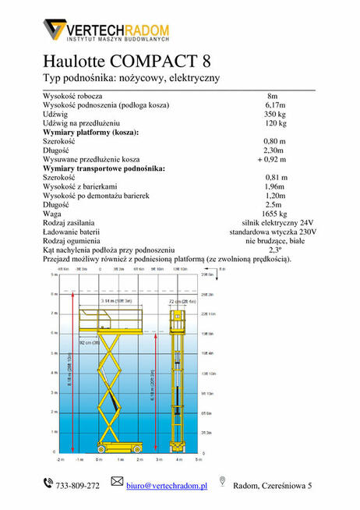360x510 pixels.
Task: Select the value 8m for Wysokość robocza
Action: (x=272, y=96)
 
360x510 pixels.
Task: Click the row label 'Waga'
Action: (x=52, y=213)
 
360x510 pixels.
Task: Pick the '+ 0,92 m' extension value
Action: (x=273, y=159)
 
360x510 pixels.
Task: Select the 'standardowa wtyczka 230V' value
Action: (x=273, y=232)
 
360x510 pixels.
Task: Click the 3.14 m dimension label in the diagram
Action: (x=117, y=300)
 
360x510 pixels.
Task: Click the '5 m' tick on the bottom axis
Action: (x=199, y=459)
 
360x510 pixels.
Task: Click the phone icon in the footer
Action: (x=48, y=485)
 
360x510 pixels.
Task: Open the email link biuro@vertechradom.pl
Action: (x=167, y=486)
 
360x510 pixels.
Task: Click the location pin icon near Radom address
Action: (x=222, y=483)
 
